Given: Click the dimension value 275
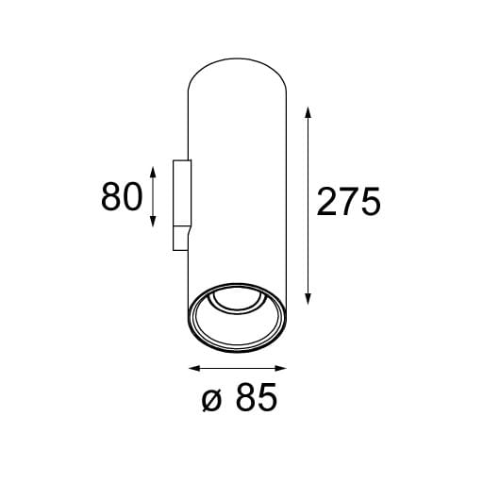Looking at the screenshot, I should click(x=348, y=202).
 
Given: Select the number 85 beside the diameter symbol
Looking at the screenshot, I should click(x=257, y=399).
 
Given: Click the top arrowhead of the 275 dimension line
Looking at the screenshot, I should click(x=308, y=109).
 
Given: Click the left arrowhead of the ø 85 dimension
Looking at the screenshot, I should click(x=193, y=367).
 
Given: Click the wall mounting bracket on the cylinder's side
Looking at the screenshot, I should click(x=181, y=206).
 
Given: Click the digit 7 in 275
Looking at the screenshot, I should click(x=348, y=202).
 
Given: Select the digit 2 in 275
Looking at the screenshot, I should click(x=327, y=202).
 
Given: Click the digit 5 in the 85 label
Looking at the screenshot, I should click(x=268, y=399).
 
